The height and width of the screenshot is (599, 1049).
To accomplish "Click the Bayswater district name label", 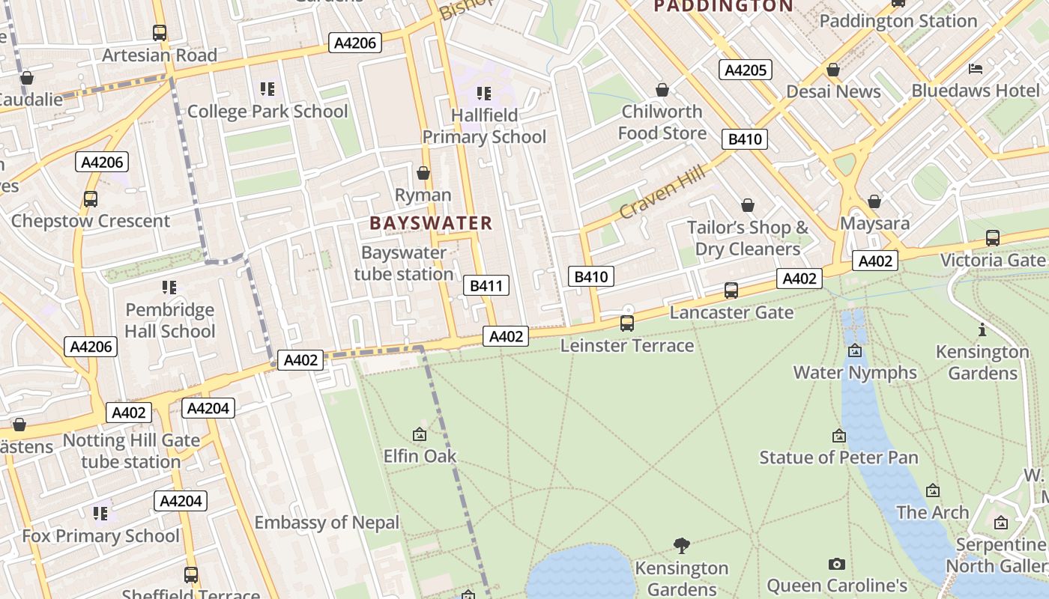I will [x=431, y=222].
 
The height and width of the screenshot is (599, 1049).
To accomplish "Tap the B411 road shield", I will [x=486, y=285].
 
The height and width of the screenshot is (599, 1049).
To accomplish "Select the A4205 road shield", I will [x=746, y=70].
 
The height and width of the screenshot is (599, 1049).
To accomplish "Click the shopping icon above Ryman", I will [x=423, y=174].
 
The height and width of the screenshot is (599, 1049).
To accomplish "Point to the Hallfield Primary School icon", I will [x=484, y=94].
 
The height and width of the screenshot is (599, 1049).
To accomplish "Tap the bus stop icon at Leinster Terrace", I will [x=627, y=323].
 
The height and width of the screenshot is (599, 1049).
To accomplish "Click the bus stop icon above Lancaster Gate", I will [x=731, y=291].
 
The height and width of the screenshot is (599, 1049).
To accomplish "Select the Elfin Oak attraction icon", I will [x=420, y=434].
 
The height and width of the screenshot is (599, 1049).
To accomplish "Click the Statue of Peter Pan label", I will [x=838, y=457].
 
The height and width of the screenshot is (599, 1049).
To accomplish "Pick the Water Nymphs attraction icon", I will [x=855, y=350].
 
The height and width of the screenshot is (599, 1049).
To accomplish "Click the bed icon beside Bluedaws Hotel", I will [x=976, y=69].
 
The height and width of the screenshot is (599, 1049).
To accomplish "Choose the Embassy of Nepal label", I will [x=327, y=523].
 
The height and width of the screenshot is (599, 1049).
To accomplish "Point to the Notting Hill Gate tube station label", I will [x=131, y=451].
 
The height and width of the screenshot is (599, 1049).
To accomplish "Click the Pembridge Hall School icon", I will [x=169, y=288].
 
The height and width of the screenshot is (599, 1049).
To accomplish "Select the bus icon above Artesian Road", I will [x=160, y=33].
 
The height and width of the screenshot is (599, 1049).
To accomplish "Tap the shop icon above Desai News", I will [x=833, y=70].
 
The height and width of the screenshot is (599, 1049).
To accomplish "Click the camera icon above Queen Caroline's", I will [x=837, y=564].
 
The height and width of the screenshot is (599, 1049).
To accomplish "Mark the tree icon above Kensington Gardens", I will [x=682, y=545].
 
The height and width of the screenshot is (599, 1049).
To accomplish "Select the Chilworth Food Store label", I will [x=662, y=122].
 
